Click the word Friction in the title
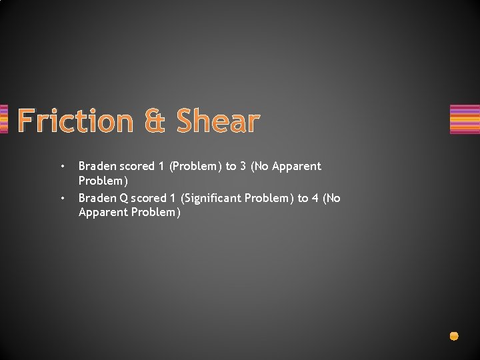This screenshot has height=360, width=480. point(75,121)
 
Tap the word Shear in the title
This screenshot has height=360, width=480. point(217,121)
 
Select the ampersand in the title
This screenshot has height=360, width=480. point(154,121)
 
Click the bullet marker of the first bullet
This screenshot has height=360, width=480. point(61,166)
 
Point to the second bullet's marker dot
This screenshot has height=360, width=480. point(61,198)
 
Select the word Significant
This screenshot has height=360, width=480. point(210,198)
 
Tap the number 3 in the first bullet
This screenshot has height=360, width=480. point(243,166)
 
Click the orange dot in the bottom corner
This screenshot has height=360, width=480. point(454,336)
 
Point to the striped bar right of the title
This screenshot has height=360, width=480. point(465,119)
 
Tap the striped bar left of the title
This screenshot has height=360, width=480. point(3,119)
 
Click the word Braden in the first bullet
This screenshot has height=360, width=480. point(97,166)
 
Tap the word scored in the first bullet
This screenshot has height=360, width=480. point(137,166)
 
